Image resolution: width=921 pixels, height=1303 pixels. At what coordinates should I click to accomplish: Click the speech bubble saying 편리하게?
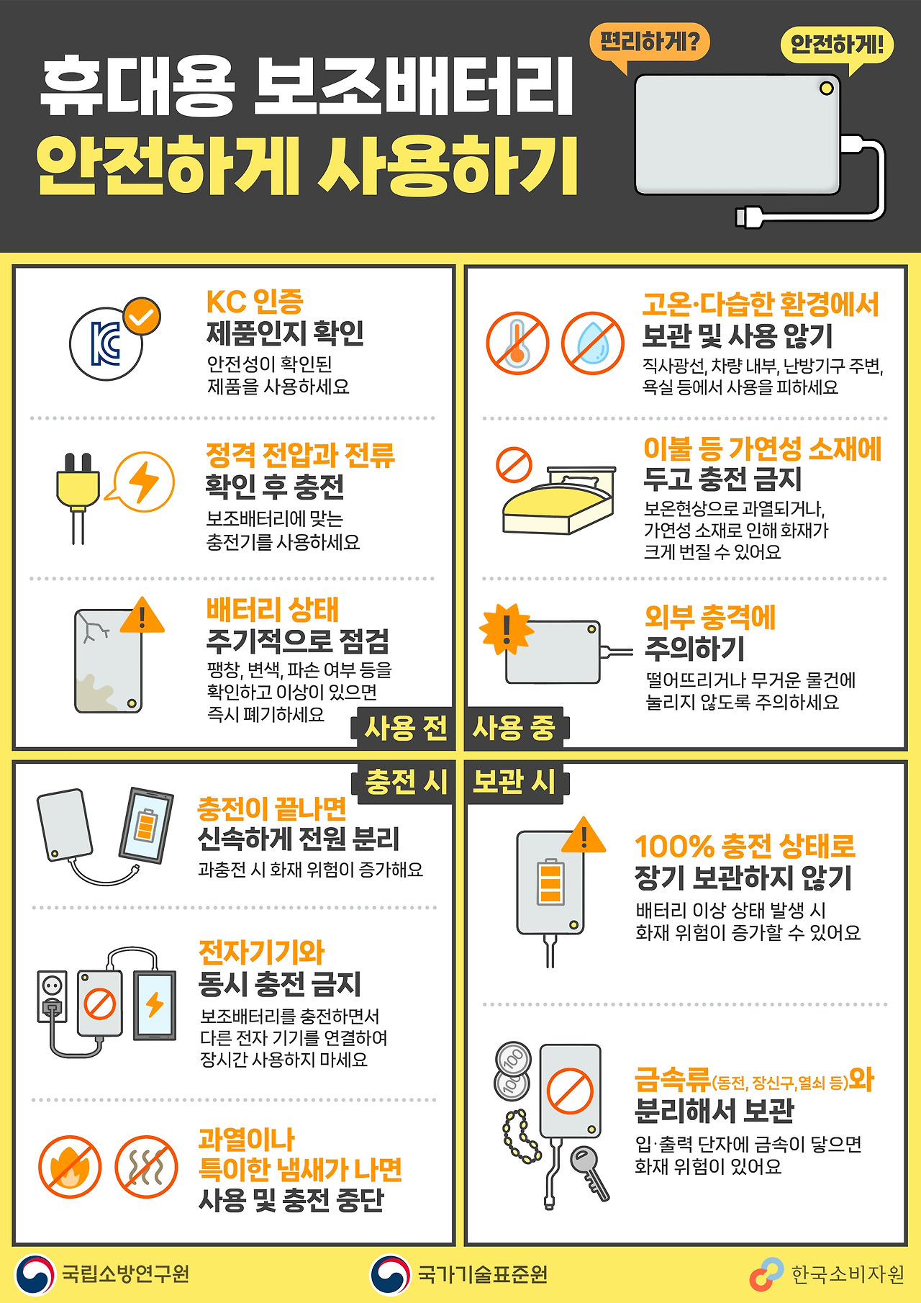(x=649, y=42)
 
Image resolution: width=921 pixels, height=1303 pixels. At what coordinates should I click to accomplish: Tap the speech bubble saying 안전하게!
(x=837, y=45)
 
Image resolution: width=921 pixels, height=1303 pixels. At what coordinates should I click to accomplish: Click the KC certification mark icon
(x=107, y=343)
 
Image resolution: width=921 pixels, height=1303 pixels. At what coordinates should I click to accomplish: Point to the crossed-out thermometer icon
(x=517, y=343)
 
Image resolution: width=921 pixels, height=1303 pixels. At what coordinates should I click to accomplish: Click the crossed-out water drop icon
(x=592, y=343)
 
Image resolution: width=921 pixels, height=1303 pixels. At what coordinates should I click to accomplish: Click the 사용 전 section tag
(x=405, y=728)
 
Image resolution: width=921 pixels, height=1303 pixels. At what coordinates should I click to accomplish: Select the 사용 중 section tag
(x=514, y=728)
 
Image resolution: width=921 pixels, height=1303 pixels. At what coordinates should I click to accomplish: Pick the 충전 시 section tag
(x=405, y=782)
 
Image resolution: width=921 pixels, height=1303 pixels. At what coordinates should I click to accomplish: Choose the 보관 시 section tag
(x=514, y=782)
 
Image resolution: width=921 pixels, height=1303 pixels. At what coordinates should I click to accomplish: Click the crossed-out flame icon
(x=71, y=1167)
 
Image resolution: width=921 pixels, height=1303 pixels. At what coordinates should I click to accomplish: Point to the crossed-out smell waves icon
(x=147, y=1167)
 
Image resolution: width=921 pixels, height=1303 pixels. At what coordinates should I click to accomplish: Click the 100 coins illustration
(x=512, y=1071)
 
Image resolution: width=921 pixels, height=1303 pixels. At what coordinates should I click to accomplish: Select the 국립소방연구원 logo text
(x=125, y=1274)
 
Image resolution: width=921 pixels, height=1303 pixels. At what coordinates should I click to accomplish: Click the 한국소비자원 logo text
(x=848, y=1275)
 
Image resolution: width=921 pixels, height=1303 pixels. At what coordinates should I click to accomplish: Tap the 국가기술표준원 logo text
(x=483, y=1275)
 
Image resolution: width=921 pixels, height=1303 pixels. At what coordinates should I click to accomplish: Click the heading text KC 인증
(x=255, y=302)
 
